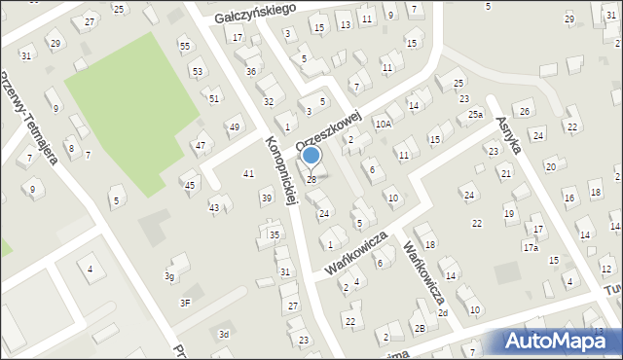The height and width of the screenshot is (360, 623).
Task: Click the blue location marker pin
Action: pos(311,156)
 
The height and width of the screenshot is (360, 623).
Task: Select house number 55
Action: pos(184,46)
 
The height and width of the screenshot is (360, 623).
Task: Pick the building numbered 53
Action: pos(198,71)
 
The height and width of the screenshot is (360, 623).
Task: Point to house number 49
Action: pos(234,127)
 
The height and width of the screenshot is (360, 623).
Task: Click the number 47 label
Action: pos(201,146)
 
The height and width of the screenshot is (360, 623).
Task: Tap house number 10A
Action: pos(383,124)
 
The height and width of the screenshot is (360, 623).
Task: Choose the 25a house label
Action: pos(474,115)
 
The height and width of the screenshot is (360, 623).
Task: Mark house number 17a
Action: pos(530,248)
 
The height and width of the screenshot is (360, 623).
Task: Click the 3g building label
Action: pos(169,277)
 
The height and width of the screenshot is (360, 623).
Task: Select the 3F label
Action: pos(185,302)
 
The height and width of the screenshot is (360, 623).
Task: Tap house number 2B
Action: pos(420,328)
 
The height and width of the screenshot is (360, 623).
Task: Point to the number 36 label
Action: pos(251,71)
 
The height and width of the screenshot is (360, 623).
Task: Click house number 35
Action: pos(275,234)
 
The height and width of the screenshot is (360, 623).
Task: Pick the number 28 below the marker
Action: pos(311,179)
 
